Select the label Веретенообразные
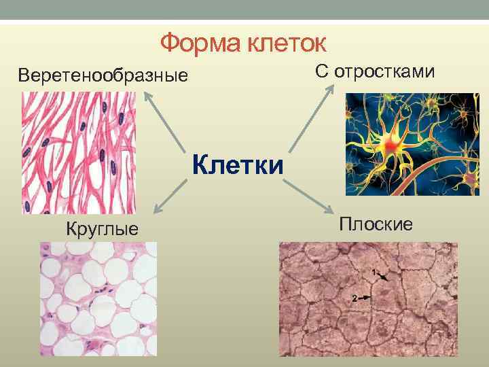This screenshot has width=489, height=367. point(103,74)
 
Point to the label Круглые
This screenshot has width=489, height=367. point(101,228)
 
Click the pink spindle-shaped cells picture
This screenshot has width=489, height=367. point(78,153)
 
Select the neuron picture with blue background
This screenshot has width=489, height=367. point(412,144)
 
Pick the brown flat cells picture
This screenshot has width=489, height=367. point(368,299)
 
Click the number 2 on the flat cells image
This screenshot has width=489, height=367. point(355,298)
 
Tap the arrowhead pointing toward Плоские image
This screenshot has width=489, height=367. point(331,212)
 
